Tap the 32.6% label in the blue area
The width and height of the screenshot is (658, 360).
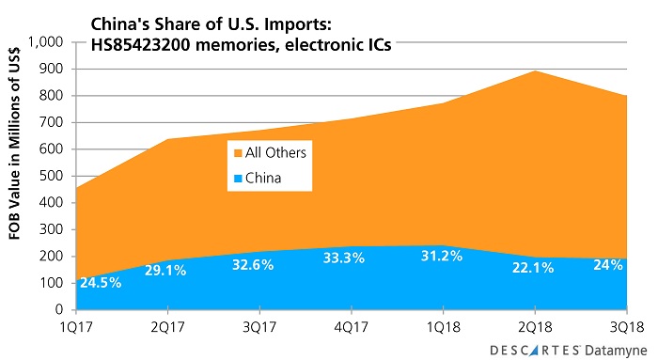click(254, 265)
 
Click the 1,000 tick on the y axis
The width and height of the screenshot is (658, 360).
click(44, 42)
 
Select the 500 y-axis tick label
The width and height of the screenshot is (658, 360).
click(52, 176)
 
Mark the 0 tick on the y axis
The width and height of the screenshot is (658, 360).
click(61, 309)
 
